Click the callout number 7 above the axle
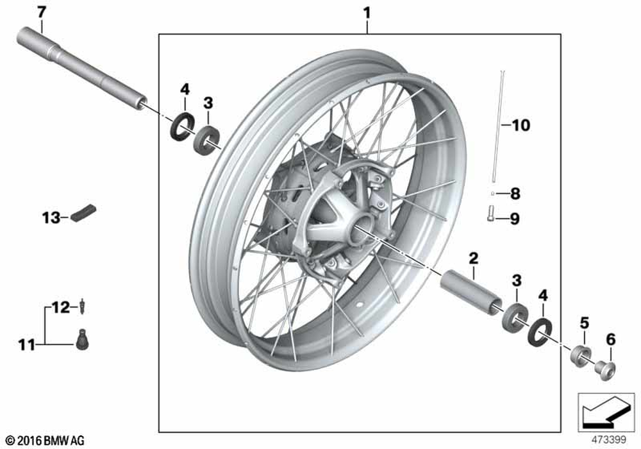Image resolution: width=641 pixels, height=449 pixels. tap(41, 13)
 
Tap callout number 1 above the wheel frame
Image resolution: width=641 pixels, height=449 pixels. tap(367, 13)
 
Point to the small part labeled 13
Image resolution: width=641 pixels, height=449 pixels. tap(83, 212)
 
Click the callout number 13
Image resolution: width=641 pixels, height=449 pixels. tap(51, 218)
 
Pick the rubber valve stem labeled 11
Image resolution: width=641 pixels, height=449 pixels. tap(83, 339)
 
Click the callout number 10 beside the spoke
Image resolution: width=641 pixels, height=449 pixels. tap(520, 125)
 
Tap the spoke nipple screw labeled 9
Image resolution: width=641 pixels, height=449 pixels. tap(491, 214)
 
